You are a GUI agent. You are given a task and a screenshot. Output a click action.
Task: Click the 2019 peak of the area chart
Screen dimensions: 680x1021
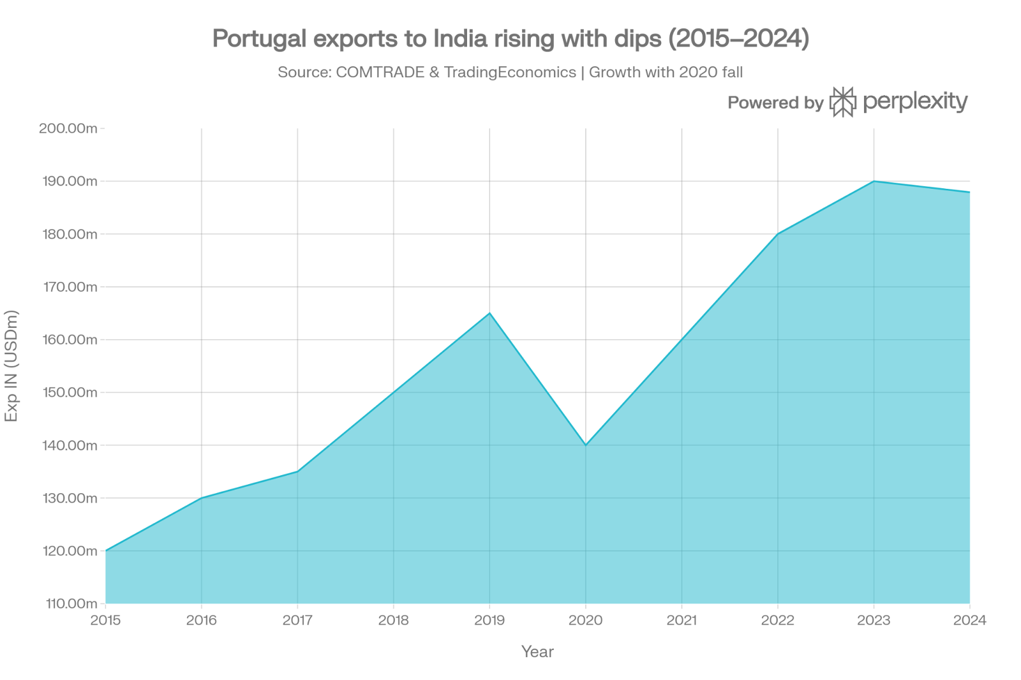click(489, 313)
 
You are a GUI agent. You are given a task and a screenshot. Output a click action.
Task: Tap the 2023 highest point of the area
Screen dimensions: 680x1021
click(874, 181)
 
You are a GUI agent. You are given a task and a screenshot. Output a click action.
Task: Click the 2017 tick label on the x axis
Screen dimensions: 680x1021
click(297, 620)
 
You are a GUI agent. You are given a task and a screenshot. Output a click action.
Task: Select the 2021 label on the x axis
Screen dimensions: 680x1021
click(682, 620)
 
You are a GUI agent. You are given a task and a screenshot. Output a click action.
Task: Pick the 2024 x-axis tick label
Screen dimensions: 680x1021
click(969, 620)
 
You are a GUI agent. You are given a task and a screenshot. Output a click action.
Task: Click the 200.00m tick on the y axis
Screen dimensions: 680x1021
click(68, 128)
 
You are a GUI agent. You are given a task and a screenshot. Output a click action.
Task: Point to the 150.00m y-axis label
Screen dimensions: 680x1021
click(68, 392)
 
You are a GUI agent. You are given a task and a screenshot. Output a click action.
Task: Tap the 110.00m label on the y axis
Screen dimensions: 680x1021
click(68, 603)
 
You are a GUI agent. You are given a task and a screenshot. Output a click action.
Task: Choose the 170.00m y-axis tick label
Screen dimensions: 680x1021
click(68, 287)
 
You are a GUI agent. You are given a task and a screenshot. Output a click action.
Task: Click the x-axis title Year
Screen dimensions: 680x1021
click(537, 652)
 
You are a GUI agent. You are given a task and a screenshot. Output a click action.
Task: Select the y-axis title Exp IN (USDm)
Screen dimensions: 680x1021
click(11, 366)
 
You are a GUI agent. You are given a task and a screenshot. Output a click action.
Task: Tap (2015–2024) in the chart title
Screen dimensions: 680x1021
click(738, 40)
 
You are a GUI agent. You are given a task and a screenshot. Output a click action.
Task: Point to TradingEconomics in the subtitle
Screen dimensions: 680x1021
click(510, 72)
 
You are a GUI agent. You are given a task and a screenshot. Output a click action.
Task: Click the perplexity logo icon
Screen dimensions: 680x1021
click(843, 102)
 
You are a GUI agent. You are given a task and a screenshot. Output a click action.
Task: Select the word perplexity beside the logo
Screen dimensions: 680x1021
click(915, 102)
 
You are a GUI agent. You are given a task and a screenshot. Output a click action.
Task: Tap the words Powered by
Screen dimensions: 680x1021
click(775, 103)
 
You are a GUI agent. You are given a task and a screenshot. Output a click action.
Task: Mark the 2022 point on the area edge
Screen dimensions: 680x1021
click(778, 233)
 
